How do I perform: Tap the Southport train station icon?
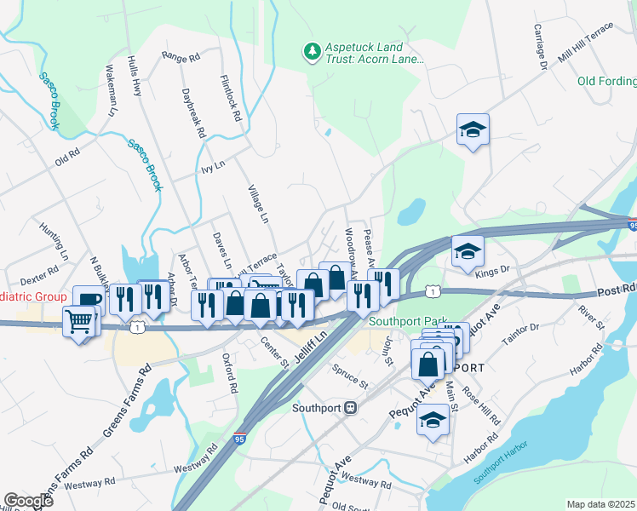(350, 407)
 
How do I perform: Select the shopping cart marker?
(78, 321)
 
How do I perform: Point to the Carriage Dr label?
(540, 52)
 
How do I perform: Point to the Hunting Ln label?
(53, 241)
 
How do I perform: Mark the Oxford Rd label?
(228, 373)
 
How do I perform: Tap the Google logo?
(28, 500)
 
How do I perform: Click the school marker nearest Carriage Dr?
(473, 130)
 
